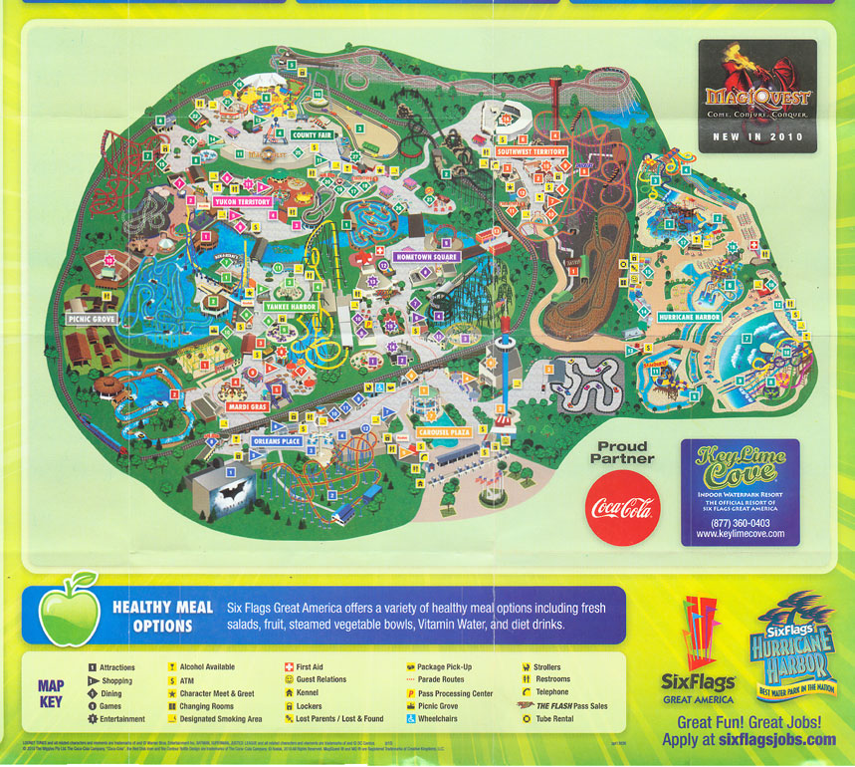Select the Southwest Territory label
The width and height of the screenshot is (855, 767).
click(x=532, y=151)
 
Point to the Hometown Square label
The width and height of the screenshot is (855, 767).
click(x=425, y=256)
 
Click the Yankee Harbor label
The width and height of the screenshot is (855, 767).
click(x=290, y=307)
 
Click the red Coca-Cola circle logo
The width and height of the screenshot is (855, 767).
click(x=622, y=508)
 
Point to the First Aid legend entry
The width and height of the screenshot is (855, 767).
click(x=310, y=667)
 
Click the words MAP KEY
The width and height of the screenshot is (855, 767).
click(x=52, y=693)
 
